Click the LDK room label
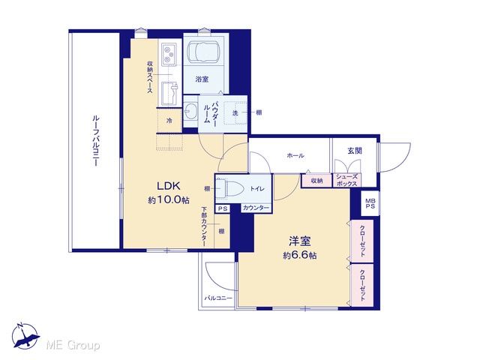[x=168, y=186]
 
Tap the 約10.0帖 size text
[x=169, y=200]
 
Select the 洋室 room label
[x=300, y=241]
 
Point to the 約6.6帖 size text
[x=300, y=256]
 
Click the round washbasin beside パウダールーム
[x=192, y=110]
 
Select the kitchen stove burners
[x=169, y=54]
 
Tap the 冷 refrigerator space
[x=169, y=121]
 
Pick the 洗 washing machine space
[x=235, y=112]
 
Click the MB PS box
[x=370, y=203]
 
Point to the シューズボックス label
[x=346, y=180]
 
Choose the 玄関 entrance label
[x=355, y=151]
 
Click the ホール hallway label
[x=295, y=155]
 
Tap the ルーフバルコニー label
[x=96, y=140]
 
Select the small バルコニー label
[x=218, y=298]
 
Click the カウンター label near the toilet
[x=256, y=208]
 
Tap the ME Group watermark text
[x=73, y=346]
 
